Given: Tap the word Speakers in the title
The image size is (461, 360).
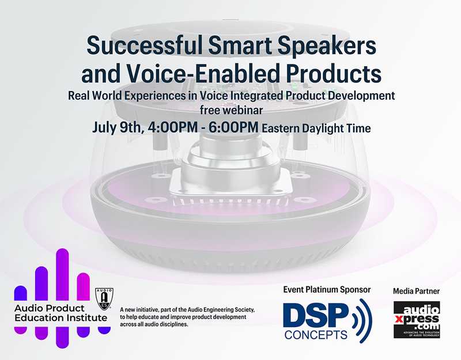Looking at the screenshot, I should pos(323,46).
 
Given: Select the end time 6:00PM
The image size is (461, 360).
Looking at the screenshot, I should pos(230,127).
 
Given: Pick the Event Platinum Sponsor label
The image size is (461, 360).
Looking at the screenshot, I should pos(327,289).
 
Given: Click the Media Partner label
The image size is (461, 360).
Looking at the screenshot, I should pos(417,291).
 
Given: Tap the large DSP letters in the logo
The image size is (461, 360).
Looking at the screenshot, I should pos(315,316).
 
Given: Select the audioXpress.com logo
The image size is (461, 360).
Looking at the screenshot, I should pos(417,319).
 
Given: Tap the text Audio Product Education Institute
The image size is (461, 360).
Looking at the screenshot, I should pos(54,312).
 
